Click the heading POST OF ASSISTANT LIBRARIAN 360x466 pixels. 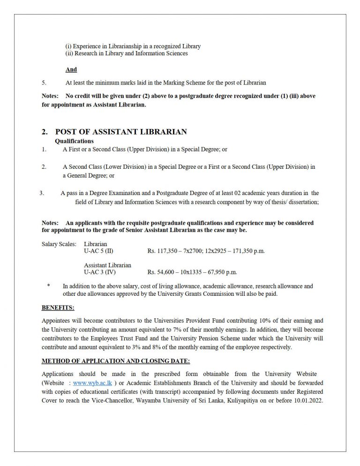[121, 132]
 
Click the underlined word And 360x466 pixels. [71, 69]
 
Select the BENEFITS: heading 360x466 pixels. [58, 308]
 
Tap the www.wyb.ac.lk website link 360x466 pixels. [92, 383]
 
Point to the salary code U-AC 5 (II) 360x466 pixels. [98, 251]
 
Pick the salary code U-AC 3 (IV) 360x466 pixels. [99, 272]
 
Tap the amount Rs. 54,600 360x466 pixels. [161, 272]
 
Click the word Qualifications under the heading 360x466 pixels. [74, 141]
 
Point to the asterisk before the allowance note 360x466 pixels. [48, 286]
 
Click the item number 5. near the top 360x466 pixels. [44, 83]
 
